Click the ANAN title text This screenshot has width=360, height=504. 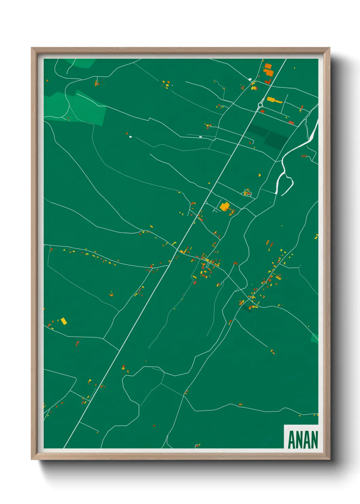click(x=302, y=440)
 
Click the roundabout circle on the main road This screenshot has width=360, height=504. click(x=261, y=105)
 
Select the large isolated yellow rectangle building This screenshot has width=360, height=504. click(x=64, y=321)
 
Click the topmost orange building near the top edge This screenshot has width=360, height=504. click(x=268, y=66)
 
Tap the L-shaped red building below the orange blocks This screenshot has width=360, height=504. click(x=268, y=82)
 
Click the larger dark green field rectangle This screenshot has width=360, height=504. click(x=276, y=140)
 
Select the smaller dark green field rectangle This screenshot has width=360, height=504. click(x=257, y=130)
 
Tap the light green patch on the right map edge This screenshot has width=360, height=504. click(x=315, y=338)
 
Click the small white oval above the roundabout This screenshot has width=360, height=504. click(x=250, y=79)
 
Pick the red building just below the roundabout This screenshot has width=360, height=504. click(x=262, y=111)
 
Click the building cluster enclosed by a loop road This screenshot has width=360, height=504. click(x=248, y=193)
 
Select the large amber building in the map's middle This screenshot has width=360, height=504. click(x=225, y=206)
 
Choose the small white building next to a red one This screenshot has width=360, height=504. click(x=130, y=137)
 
